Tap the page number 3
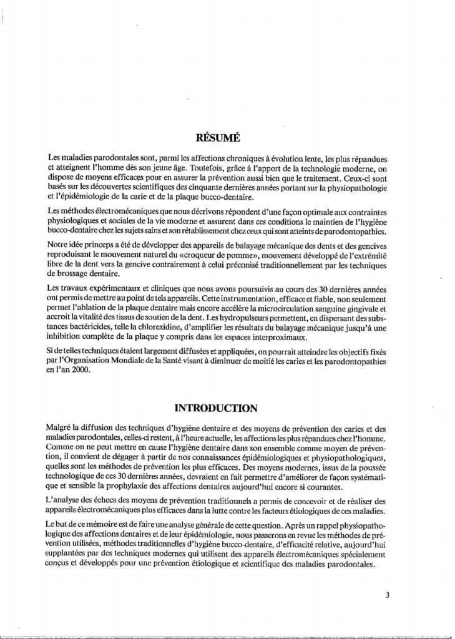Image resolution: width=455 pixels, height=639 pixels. click(388, 595)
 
